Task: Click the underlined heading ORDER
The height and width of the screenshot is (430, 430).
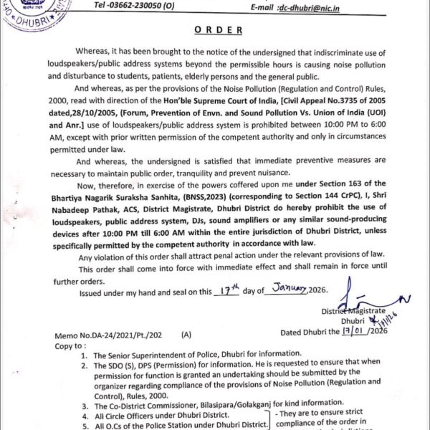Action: click(214, 32)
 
